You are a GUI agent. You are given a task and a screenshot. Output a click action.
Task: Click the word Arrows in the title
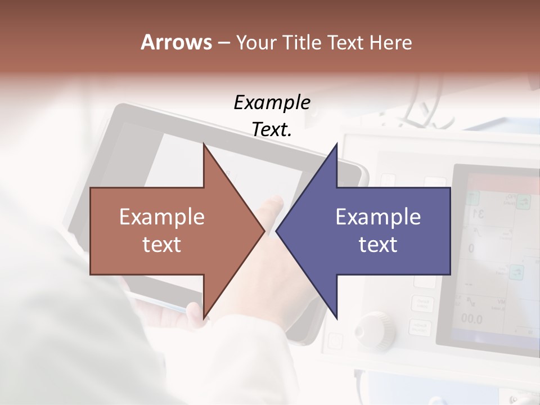coord(175,43)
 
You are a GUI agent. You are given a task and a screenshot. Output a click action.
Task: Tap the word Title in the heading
coord(306,43)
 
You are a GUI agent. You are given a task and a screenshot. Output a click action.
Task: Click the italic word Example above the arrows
coord(272,103)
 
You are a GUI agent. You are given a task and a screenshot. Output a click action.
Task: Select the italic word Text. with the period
coord(272,130)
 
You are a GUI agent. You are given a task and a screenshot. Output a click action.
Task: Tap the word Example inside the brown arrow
coord(161,217)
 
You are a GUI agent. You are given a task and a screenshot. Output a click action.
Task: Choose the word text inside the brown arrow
coord(161,244)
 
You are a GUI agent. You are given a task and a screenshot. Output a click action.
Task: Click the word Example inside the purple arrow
coord(378,217)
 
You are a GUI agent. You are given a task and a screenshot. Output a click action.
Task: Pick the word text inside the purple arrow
coord(378,244)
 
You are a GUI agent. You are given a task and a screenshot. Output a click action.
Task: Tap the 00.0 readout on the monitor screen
coord(471,319)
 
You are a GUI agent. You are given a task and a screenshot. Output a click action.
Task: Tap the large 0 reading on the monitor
coord(471,248)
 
